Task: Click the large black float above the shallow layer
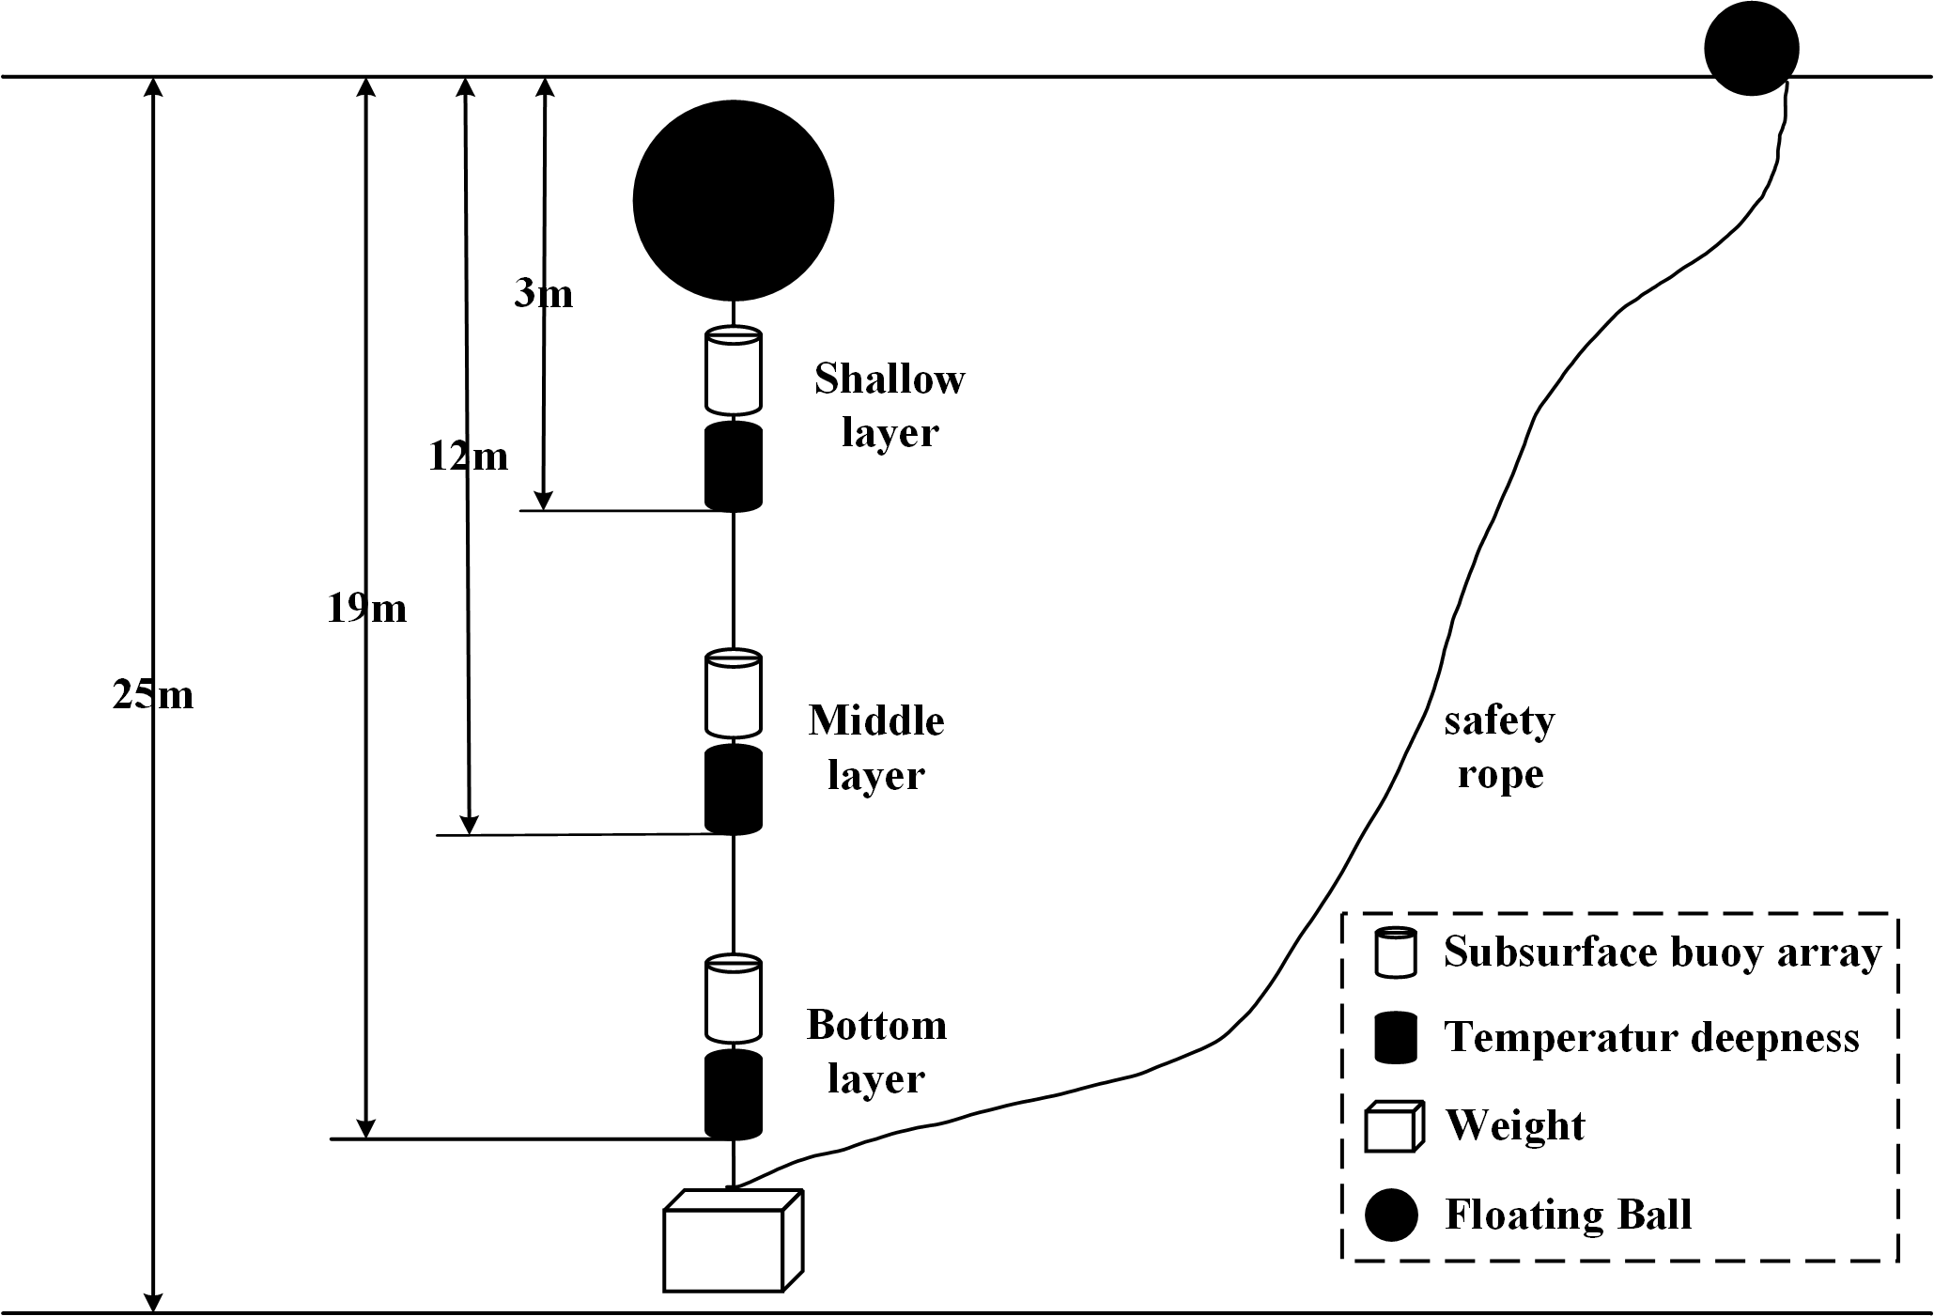[x=733, y=200]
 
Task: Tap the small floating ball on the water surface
[x=1751, y=49]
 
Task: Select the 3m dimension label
[x=543, y=294]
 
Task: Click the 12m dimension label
[x=468, y=457]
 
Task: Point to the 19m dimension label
[x=366, y=609]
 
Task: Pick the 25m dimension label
[x=153, y=695]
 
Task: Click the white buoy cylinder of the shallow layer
[x=733, y=371]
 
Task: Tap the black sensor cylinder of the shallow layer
[x=733, y=467]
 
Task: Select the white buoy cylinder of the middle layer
[x=733, y=693]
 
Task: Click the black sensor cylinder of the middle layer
[x=733, y=789]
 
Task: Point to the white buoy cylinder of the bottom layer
[x=733, y=999]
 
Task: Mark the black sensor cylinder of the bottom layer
[x=733, y=1094]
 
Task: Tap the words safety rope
[x=1499, y=748]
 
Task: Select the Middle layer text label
[x=876, y=748]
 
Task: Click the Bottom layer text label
[x=876, y=1051]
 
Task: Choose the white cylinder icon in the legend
[x=1395, y=952]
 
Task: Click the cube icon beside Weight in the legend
[x=1393, y=1125]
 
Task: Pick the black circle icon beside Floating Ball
[x=1391, y=1215]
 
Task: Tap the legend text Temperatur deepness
[x=1651, y=1038]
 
